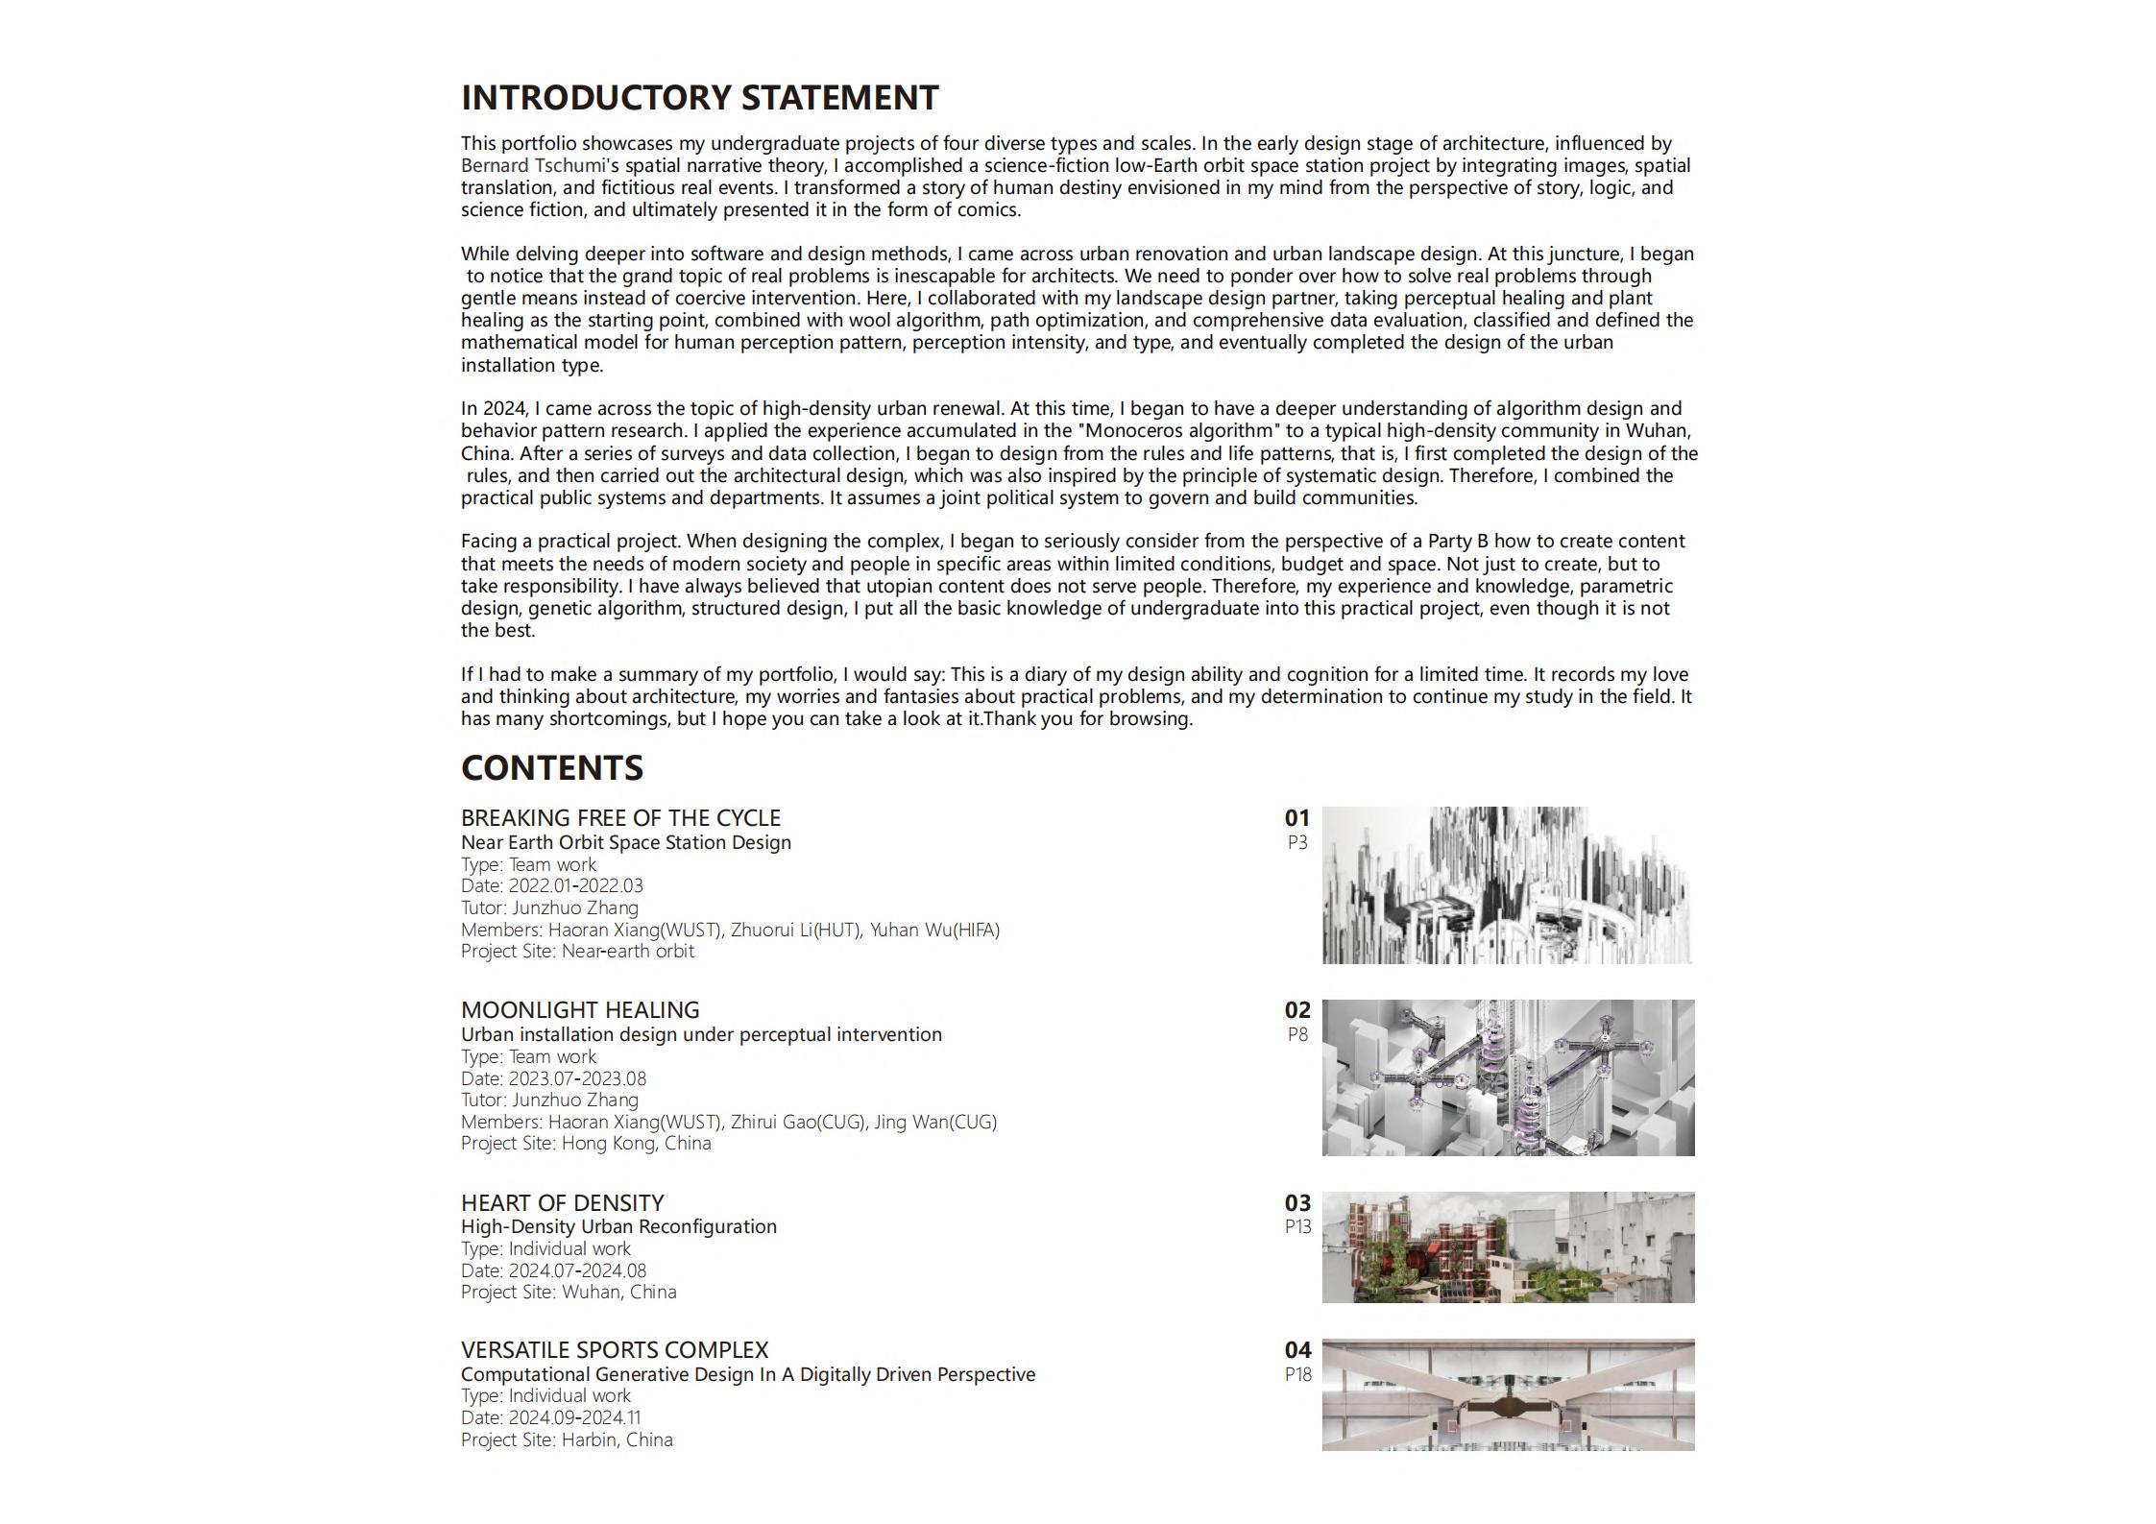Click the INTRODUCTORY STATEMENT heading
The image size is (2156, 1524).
(x=699, y=98)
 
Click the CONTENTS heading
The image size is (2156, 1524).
(x=552, y=768)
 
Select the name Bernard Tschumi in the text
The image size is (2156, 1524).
(x=533, y=166)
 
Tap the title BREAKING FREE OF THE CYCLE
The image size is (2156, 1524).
(x=620, y=818)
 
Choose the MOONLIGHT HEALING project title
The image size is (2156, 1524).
(x=580, y=1010)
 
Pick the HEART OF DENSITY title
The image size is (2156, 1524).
(x=562, y=1203)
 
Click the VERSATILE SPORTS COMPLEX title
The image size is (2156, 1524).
(x=615, y=1350)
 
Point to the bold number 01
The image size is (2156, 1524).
(x=1296, y=818)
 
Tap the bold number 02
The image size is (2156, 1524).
(x=1296, y=1010)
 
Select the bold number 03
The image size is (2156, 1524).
(x=1296, y=1203)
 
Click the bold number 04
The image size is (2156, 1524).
(x=1296, y=1350)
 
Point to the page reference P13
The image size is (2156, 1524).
(x=1297, y=1227)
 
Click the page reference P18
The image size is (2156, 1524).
(x=1297, y=1375)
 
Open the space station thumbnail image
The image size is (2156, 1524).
(x=1507, y=885)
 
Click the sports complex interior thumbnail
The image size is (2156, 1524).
(x=1507, y=1394)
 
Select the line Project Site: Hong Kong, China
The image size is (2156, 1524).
(x=586, y=1144)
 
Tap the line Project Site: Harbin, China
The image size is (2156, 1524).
(x=567, y=1440)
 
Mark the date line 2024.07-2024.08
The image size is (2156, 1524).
(x=553, y=1271)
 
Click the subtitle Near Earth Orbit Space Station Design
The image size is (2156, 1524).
(x=626, y=843)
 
